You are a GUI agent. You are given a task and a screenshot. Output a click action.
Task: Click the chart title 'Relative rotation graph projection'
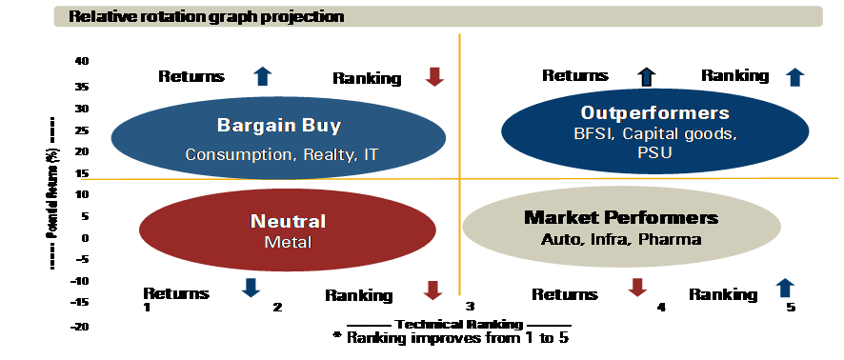(206, 17)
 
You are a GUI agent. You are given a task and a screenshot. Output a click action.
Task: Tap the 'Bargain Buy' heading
(279, 126)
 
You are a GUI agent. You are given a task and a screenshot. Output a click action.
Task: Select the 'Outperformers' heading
(654, 113)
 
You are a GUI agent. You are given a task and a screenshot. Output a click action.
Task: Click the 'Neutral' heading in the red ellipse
(288, 221)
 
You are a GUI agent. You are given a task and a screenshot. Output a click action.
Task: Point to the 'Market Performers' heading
(621, 217)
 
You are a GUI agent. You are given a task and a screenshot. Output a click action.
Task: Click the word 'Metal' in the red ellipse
(288, 242)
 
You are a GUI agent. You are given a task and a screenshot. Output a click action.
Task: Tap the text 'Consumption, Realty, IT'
(282, 155)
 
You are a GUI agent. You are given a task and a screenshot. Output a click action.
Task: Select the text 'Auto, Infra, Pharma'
(621, 239)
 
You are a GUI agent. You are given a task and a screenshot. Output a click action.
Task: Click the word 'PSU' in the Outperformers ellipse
(654, 152)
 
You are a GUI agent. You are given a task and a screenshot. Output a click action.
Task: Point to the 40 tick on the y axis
(82, 61)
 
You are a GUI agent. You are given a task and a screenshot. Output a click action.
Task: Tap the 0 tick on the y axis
(85, 238)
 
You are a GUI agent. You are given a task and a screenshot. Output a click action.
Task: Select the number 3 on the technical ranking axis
(470, 307)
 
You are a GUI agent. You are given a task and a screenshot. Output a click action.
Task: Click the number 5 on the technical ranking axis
(790, 308)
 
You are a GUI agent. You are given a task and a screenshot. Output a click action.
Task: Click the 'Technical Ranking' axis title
(459, 325)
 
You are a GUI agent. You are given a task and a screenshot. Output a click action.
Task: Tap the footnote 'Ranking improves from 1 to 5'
(452, 338)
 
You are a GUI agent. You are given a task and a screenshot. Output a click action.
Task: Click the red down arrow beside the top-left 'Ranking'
(433, 77)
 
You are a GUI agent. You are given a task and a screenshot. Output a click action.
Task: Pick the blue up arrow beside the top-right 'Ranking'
(794, 78)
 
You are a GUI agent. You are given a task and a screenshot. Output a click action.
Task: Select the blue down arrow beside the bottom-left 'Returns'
(251, 288)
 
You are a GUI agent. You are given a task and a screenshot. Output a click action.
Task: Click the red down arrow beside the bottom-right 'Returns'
(637, 288)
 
